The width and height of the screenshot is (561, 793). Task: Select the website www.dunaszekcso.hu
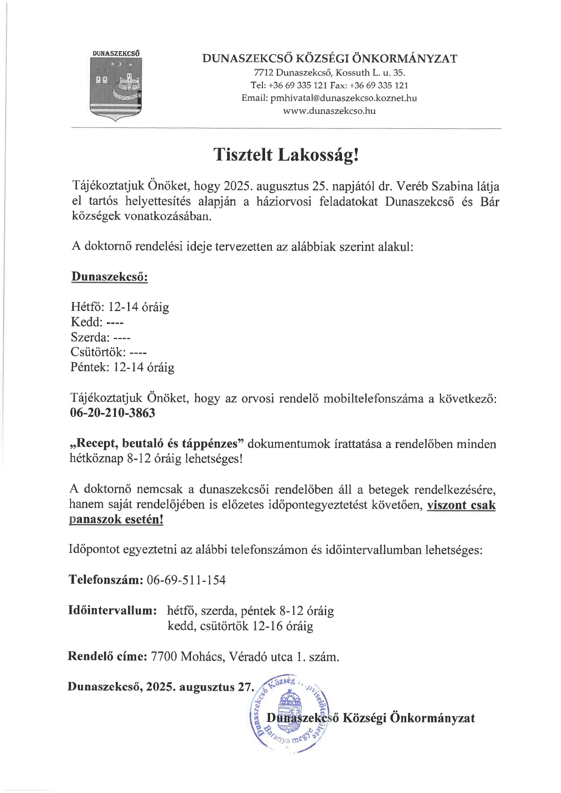click(329, 111)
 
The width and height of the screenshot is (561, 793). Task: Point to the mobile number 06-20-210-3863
click(113, 413)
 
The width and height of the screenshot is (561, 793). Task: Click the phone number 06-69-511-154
click(186, 580)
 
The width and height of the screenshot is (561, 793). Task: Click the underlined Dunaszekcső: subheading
click(109, 277)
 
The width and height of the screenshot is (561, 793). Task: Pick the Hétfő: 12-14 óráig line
click(120, 307)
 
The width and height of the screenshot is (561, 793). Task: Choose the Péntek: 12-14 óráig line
click(122, 367)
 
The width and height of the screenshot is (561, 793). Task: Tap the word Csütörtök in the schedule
click(97, 352)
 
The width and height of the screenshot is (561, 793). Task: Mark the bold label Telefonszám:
click(105, 580)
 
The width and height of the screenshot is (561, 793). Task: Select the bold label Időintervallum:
click(113, 610)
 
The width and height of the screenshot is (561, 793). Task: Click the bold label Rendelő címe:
click(107, 656)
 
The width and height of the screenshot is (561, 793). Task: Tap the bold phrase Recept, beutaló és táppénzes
click(157, 444)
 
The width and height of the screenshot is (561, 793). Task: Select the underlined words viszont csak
click(461, 505)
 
